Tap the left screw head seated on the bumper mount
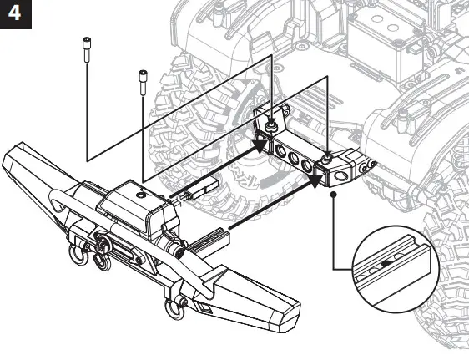[x=271, y=125]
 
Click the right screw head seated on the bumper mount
[x=330, y=155]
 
